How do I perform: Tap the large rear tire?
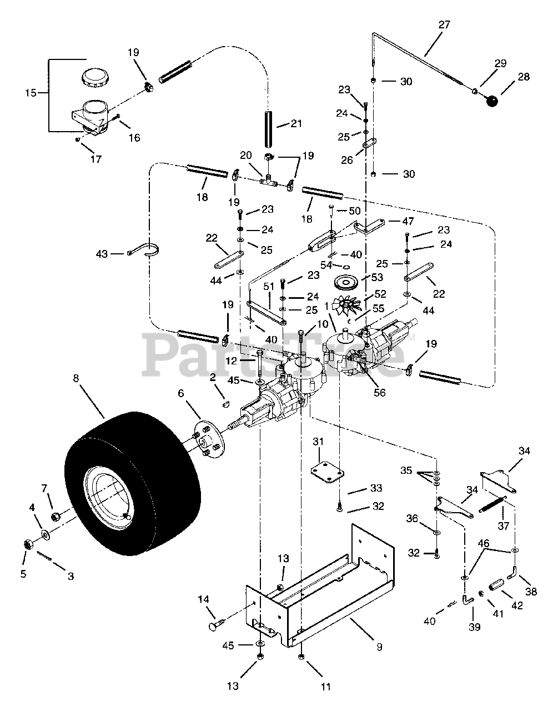pyautogui.click(x=132, y=484)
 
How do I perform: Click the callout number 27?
pyautogui.click(x=444, y=24)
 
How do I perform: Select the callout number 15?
pyautogui.click(x=31, y=93)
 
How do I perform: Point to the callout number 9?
pyautogui.click(x=379, y=647)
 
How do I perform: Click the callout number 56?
pyautogui.click(x=380, y=392)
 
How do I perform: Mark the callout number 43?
pyautogui.click(x=102, y=254)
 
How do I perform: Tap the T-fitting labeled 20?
pyautogui.click(x=268, y=181)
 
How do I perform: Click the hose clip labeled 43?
pyautogui.click(x=144, y=253)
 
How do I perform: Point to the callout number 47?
pyautogui.click(x=408, y=221)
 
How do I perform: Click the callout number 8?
pyautogui.click(x=76, y=378)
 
